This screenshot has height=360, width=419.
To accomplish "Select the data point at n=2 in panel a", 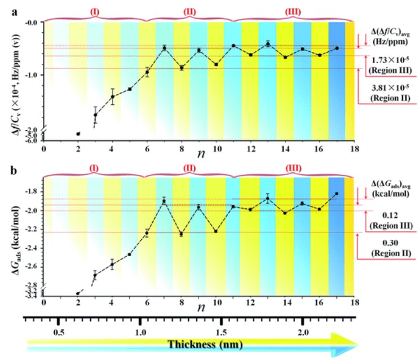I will point(78,134).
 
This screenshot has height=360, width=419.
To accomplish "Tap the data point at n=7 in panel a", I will point(165,48).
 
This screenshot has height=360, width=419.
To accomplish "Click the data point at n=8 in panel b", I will point(181,234).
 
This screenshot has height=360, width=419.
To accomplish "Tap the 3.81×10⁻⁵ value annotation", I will point(388,89).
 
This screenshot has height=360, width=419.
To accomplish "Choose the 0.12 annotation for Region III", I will point(389,215).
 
